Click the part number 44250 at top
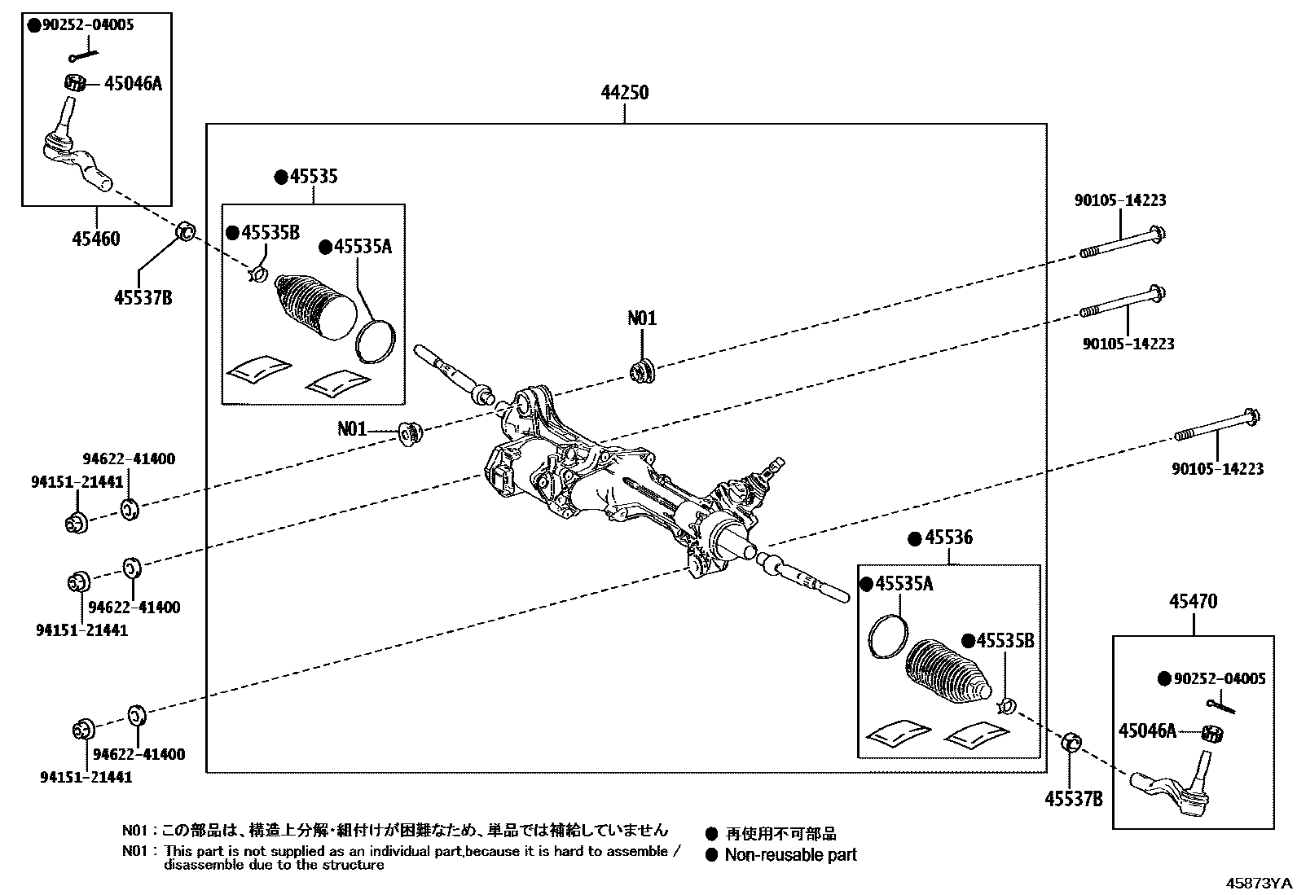pyautogui.click(x=625, y=93)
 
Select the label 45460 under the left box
pyautogui.click(x=95, y=239)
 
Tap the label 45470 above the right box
pyautogui.click(x=1193, y=602)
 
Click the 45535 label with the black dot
pyautogui.click(x=314, y=177)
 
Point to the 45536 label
pyautogui.click(x=948, y=538)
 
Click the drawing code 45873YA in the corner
pyautogui.click(x=1260, y=883)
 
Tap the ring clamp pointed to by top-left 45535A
pyautogui.click(x=376, y=340)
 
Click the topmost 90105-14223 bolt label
pyautogui.click(x=1119, y=200)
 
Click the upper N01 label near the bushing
pyautogui.click(x=641, y=318)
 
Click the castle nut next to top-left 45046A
pyautogui.click(x=74, y=82)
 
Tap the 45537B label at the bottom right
pyautogui.click(x=1074, y=799)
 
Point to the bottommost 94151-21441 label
pyautogui.click(x=86, y=778)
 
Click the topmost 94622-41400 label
pyautogui.click(x=129, y=459)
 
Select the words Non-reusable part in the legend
pyautogui.click(x=790, y=855)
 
